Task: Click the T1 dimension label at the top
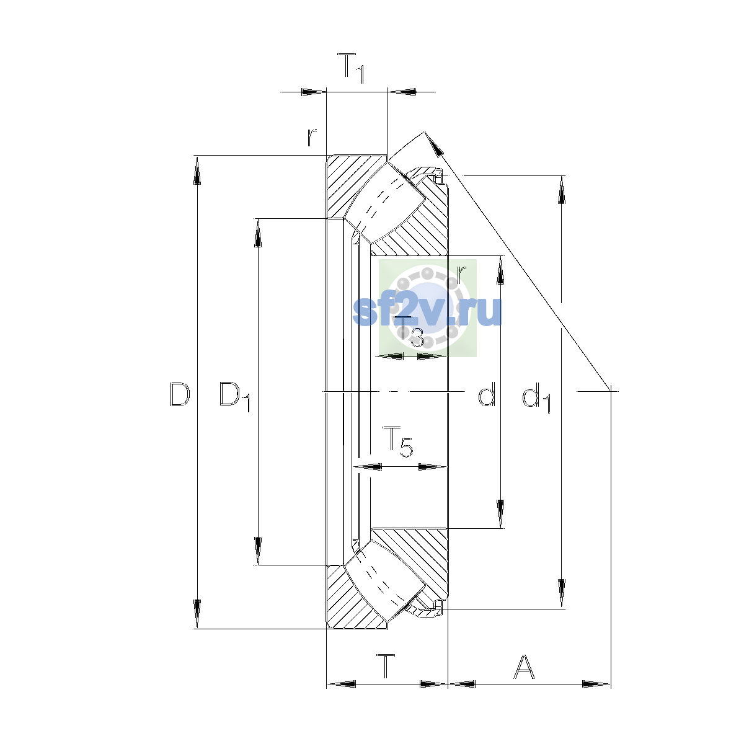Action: [x=350, y=68]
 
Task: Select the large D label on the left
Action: [x=180, y=394]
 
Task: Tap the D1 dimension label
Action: [x=235, y=396]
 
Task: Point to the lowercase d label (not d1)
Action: [x=487, y=394]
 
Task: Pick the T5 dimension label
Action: [x=397, y=442]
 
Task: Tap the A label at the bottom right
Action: [x=525, y=666]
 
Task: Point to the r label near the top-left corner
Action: [x=312, y=138]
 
